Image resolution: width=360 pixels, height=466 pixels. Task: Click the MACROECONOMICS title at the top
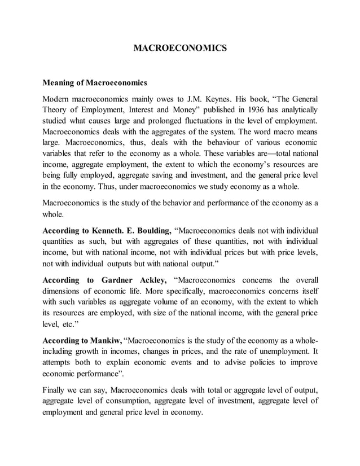pyautogui.click(x=180, y=49)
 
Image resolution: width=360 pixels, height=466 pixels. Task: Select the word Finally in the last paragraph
pyautogui.click(x=55, y=390)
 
